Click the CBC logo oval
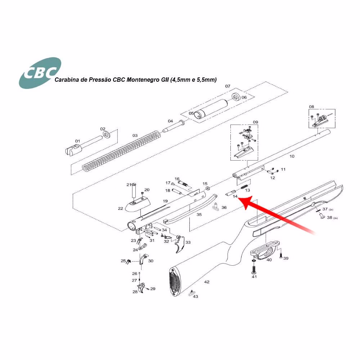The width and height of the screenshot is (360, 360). click(40, 73)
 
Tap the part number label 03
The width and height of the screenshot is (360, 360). click(135, 135)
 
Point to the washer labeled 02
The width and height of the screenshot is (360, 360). click(107, 135)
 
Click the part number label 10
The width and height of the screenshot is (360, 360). click(292, 156)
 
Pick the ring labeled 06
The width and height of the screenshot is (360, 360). click(236, 97)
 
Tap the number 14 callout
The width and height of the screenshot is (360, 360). click(235, 197)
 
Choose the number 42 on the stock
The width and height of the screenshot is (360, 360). click(207, 282)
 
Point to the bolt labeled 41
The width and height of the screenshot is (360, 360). click(254, 269)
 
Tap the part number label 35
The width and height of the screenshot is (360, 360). click(199, 215)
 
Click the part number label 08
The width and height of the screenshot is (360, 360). click(311, 107)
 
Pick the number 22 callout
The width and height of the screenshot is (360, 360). click(121, 208)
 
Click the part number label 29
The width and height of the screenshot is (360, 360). click(153, 289)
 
